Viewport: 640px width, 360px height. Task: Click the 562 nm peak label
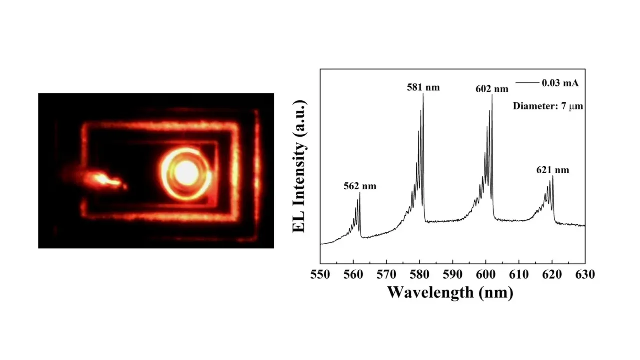coord(360,187)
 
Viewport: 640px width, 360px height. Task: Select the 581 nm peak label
coord(423,87)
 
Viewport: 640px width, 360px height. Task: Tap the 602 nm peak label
coord(492,89)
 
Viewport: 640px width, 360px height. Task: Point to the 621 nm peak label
coord(552,170)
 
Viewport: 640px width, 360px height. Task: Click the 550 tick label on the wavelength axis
coord(320,274)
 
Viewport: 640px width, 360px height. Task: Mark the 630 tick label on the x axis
coord(585,274)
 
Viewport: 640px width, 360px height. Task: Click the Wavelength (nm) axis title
coord(450,292)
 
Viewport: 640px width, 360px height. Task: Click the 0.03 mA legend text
coord(560,83)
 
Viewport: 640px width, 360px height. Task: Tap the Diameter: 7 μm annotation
coord(548,106)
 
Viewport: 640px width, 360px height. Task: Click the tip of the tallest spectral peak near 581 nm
coord(423,94)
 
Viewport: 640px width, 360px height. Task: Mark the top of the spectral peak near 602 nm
coord(492,95)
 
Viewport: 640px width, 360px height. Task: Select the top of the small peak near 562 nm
coord(360,193)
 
